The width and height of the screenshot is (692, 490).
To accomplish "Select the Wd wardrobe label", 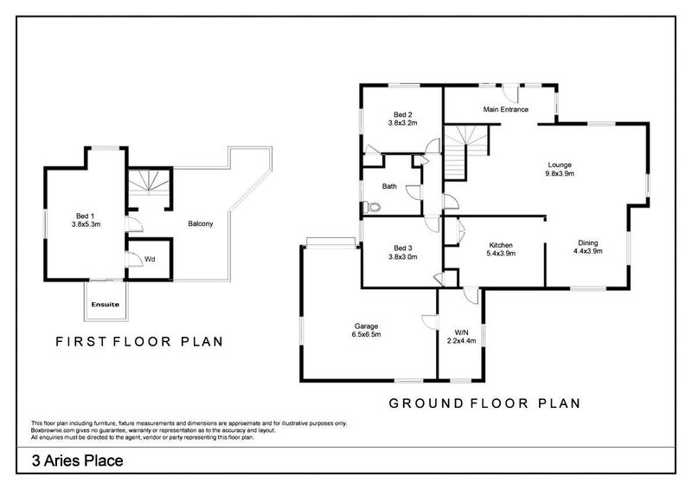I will click(150, 258).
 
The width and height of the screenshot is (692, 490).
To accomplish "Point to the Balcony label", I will click(201, 224).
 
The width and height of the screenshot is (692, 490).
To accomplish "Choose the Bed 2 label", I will click(403, 114).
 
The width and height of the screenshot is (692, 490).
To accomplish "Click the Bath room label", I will click(390, 185).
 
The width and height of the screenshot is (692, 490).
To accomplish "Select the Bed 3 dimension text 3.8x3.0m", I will click(403, 256).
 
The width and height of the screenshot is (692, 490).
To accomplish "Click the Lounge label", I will click(560, 164).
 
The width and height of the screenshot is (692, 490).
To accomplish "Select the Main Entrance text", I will click(506, 110).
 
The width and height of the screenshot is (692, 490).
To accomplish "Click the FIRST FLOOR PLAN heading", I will click(138, 341).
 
